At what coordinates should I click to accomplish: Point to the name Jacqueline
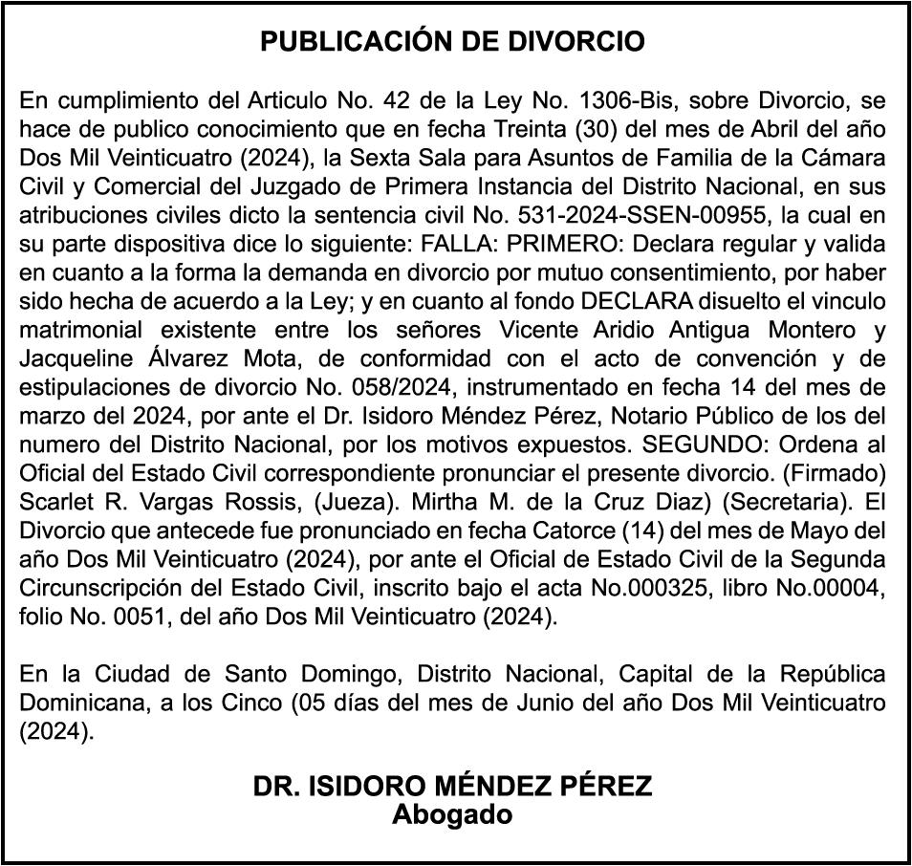pos(72,358)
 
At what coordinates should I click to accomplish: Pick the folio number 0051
pos(128,617)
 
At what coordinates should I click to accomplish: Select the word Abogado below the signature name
pos(452,815)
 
